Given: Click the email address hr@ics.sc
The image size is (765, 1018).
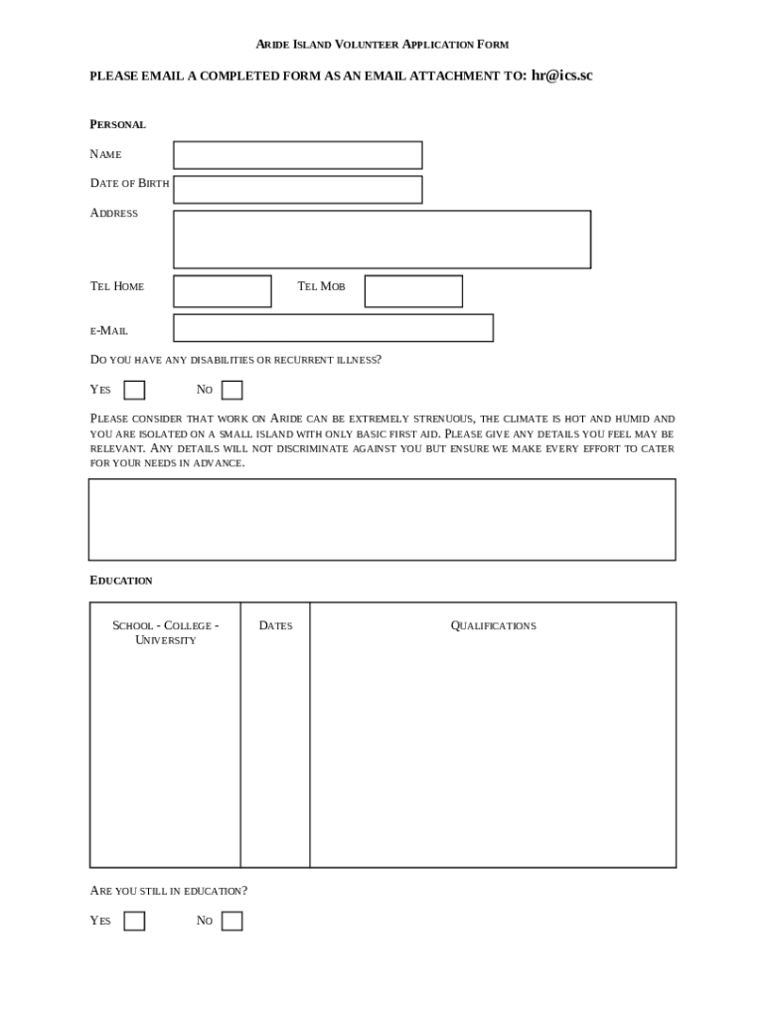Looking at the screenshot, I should click(x=561, y=76).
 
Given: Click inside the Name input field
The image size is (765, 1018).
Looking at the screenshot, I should click(x=297, y=155).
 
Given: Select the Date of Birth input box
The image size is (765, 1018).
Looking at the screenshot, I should click(x=297, y=189).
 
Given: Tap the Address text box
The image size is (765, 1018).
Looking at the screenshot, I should click(x=382, y=240).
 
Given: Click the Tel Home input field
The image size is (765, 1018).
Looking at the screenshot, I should click(x=222, y=291).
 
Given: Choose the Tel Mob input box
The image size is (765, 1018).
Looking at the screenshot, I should click(x=413, y=291).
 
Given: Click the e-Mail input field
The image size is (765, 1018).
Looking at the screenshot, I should click(x=333, y=328).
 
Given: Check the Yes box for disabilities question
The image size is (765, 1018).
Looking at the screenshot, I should click(x=134, y=390).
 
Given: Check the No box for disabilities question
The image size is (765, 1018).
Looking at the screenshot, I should click(x=231, y=390).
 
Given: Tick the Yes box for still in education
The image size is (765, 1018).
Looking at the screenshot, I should click(x=134, y=921).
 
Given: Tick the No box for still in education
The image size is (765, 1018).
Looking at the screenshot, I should click(x=231, y=921).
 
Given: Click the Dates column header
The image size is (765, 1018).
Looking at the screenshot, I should click(x=275, y=625).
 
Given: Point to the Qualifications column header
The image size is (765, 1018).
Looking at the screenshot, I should click(x=493, y=625).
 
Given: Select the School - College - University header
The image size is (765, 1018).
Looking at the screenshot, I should click(x=165, y=632).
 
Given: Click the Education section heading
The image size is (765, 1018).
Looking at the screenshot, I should click(x=121, y=581).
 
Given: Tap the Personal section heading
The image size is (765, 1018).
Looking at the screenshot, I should click(x=117, y=124).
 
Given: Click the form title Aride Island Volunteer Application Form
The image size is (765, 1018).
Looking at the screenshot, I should click(x=382, y=45).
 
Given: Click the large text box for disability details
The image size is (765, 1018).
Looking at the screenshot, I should click(x=382, y=520).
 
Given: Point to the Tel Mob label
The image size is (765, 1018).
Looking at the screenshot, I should click(x=321, y=286).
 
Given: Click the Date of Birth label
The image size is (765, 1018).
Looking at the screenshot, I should click(x=129, y=183).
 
